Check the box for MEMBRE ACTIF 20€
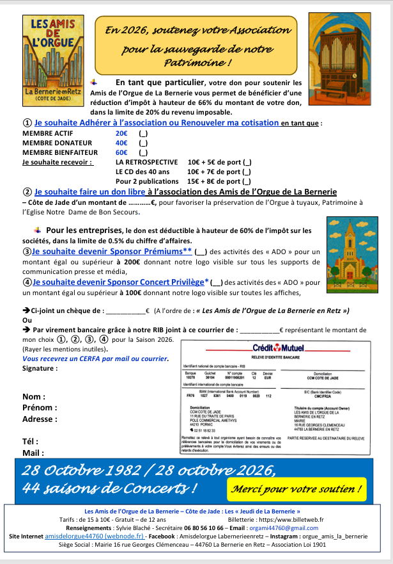point(143,133)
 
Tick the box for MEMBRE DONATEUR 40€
point(143,143)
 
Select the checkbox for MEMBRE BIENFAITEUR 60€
point(143,152)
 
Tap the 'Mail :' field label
point(35,453)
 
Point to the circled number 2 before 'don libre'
point(27,191)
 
